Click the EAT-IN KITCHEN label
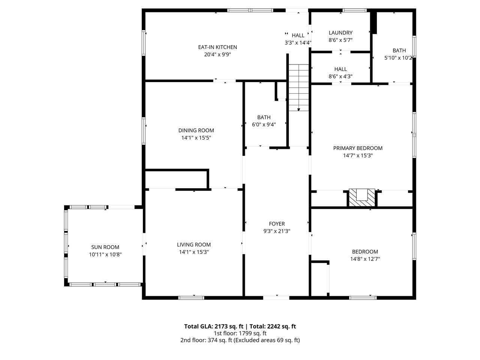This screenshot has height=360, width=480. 217,47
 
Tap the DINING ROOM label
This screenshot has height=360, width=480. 196,130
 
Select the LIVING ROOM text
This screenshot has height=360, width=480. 194,244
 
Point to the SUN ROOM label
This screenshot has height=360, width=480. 105,247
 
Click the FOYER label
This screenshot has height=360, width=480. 277,224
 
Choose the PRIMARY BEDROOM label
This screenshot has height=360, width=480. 358,148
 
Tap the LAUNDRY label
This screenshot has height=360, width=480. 340,33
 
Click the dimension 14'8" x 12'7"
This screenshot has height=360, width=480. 365,259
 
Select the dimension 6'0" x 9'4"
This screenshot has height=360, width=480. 264,124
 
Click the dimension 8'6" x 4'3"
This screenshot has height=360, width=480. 340,76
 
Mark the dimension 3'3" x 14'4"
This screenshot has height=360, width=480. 298,43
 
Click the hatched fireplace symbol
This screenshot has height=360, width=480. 362,198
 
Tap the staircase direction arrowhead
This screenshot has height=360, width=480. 299,109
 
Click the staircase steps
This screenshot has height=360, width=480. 299,87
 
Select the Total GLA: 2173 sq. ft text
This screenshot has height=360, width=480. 213,326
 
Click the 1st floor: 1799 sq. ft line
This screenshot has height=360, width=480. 240,333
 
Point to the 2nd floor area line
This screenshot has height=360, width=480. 240,340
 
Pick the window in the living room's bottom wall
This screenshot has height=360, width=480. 191,298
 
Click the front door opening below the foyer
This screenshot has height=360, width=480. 276,298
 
